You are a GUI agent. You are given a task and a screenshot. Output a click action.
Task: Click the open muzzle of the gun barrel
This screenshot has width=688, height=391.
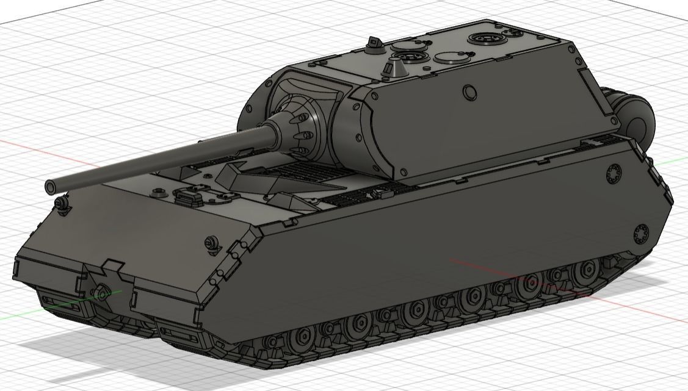[49, 185]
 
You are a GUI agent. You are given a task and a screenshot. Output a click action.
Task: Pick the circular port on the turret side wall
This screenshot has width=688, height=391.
[469, 91]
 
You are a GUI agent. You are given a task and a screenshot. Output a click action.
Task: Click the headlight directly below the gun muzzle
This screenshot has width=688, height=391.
[61, 202]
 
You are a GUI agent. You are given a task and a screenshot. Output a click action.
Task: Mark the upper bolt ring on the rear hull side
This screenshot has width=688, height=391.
[614, 173]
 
